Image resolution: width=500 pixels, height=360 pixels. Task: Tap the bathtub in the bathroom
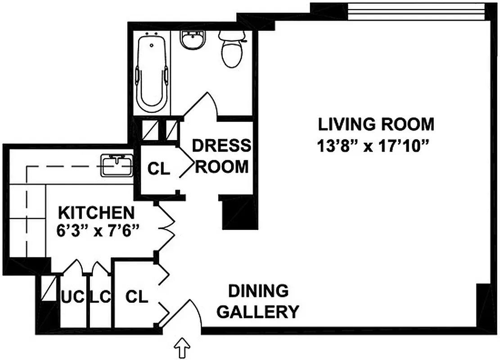[x=153, y=72]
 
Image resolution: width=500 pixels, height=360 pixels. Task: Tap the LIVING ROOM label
[x=376, y=124]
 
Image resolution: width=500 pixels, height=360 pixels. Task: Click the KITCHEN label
[x=97, y=211]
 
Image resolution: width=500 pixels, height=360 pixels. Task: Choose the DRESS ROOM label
[x=221, y=156]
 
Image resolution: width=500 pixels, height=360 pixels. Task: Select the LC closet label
[x=100, y=297]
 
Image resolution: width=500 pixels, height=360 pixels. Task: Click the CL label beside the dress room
[x=159, y=169]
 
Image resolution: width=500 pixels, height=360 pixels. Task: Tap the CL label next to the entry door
[x=136, y=297]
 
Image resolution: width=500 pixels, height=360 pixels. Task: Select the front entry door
[x=182, y=315]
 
